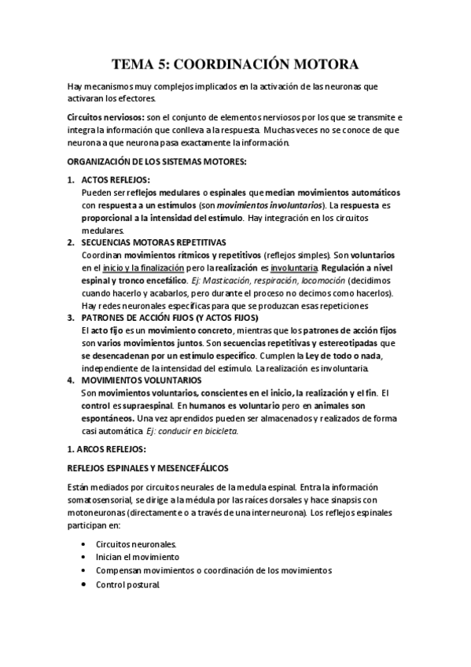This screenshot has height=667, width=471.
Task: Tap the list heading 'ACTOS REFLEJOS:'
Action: pos(116,180)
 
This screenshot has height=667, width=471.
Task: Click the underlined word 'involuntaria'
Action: pos(295,268)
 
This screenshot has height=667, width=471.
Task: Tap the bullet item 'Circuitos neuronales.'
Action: pos(136,544)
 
